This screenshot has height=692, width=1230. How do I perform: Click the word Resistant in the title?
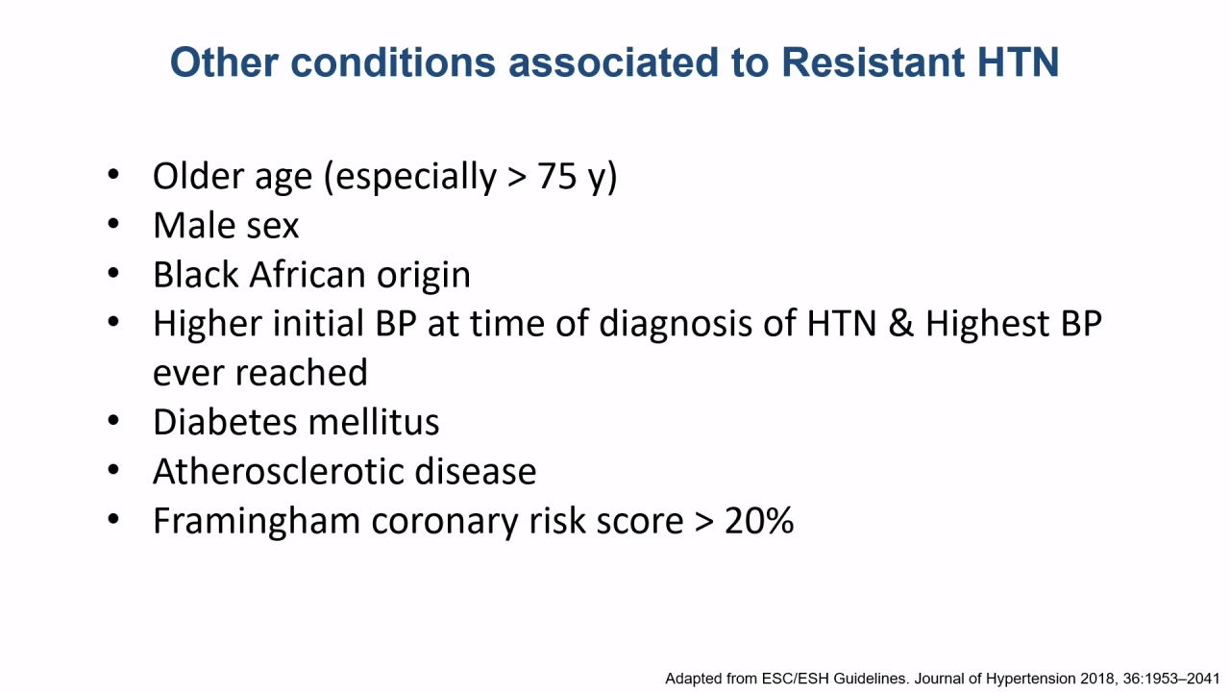pyautogui.click(x=873, y=62)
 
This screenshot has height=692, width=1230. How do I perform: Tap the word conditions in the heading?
pyautogui.click(x=393, y=62)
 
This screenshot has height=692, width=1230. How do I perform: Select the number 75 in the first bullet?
pyautogui.click(x=556, y=177)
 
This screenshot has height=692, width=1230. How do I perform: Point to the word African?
pyautogui.click(x=307, y=275)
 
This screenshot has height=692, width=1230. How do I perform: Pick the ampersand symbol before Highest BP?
pyautogui.click(x=901, y=324)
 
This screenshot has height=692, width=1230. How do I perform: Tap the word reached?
pyautogui.click(x=302, y=373)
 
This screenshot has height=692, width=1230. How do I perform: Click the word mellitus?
pyautogui.click(x=374, y=422)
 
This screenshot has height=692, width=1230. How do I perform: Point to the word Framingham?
pyautogui.click(x=257, y=521)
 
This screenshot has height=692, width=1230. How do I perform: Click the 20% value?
pyautogui.click(x=759, y=521)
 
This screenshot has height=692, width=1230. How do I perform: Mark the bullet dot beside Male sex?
pyautogui.click(x=113, y=224)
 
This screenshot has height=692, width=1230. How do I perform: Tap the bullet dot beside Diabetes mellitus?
pyautogui.click(x=113, y=420)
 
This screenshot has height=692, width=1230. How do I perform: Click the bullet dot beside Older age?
pyautogui.click(x=113, y=175)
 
